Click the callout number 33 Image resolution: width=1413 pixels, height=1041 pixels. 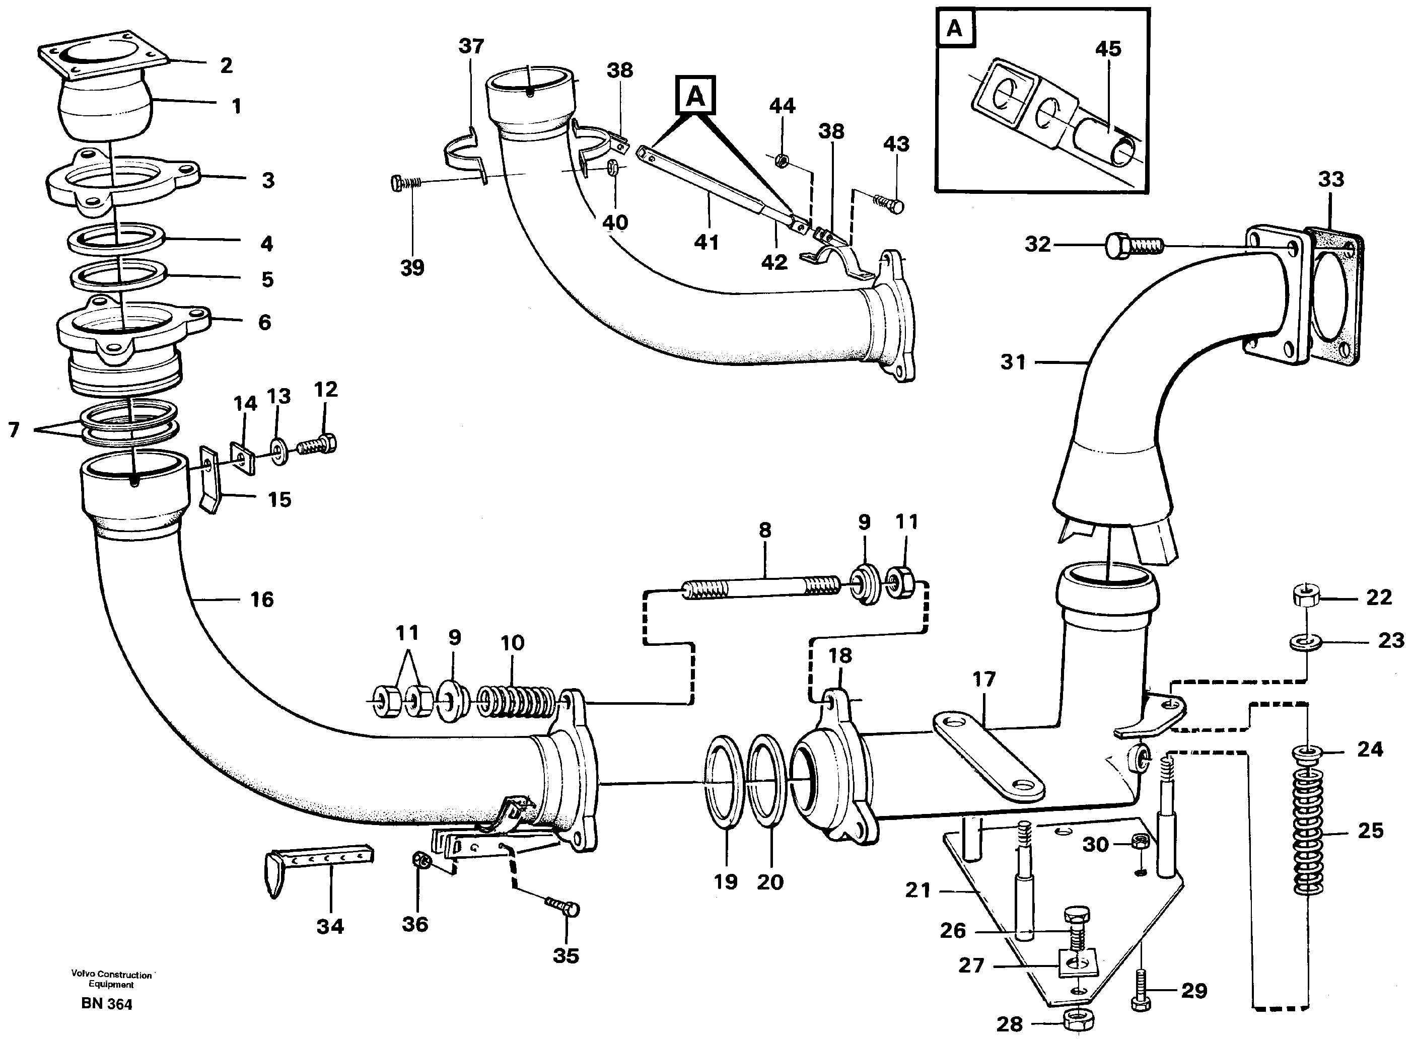pos(1330,180)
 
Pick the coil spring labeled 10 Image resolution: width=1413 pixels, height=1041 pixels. pos(517,700)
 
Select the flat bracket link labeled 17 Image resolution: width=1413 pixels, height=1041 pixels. pos(986,756)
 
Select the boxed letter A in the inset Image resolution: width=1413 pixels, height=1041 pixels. pos(955,28)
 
